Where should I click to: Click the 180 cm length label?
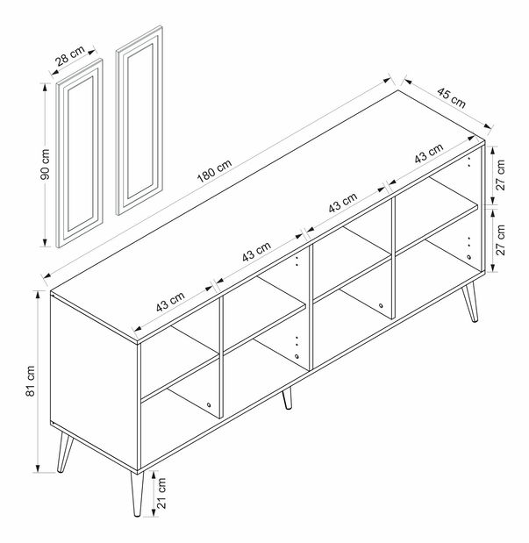(214, 171)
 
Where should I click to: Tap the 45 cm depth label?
(451, 97)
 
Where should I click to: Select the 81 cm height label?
(31, 381)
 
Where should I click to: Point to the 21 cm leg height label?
(161, 493)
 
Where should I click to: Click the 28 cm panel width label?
(70, 55)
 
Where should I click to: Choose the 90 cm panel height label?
(45, 164)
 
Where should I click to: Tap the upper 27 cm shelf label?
(501, 175)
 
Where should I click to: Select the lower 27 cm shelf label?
(501, 239)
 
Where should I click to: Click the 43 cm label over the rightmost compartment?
(429, 153)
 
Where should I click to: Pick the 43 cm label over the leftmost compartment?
(170, 302)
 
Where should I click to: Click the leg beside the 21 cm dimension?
(137, 494)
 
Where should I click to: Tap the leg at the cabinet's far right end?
(470, 302)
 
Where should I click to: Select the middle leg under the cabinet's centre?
(287, 398)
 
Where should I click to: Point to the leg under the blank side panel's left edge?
(65, 453)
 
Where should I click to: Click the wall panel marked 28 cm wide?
(79, 153)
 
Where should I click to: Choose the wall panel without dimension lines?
(139, 120)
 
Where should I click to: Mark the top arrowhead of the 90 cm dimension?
(45, 86)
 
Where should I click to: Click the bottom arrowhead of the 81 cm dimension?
(38, 468)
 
